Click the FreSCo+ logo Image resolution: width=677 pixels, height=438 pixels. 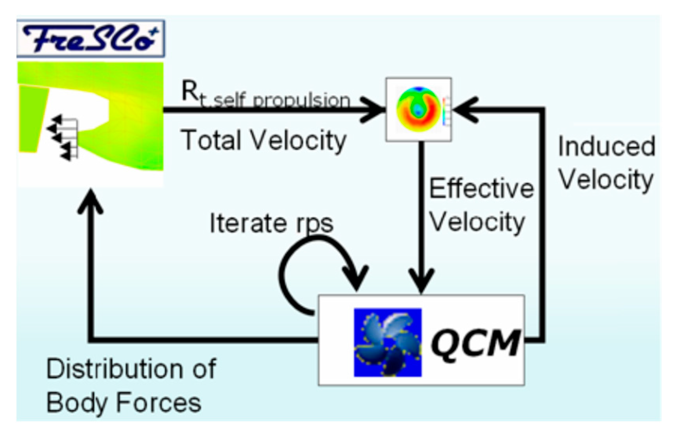91,38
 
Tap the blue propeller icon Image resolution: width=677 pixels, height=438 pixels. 388,343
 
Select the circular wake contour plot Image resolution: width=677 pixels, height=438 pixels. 418,109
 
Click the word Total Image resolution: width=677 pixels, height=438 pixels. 210,140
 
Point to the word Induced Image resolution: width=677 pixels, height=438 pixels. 606,146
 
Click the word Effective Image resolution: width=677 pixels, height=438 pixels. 481,189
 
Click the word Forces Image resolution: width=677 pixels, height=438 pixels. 158,403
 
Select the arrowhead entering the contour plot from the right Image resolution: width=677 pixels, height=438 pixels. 465,109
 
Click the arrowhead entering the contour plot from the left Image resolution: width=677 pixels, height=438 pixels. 373,109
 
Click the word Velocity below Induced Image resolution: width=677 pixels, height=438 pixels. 606,180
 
